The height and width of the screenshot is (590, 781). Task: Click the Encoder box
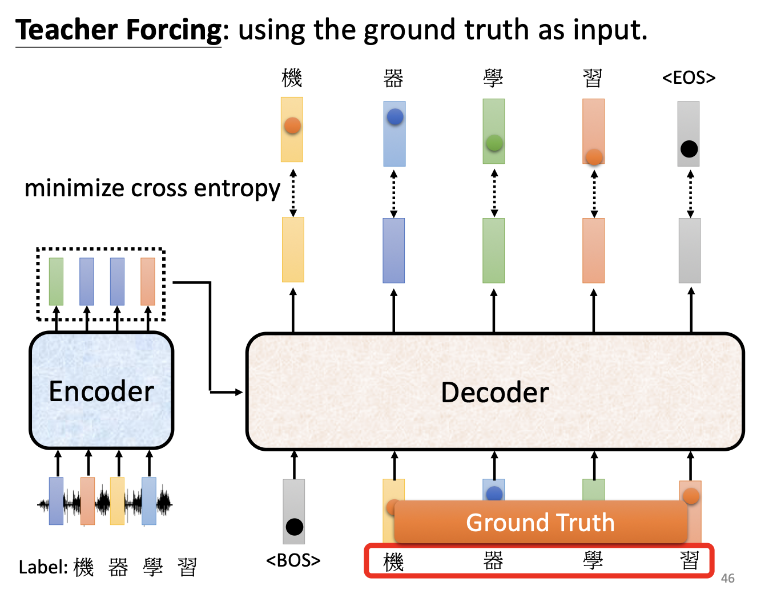[102, 390]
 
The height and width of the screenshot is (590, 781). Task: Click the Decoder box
[495, 391]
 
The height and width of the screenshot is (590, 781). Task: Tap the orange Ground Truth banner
[541, 522]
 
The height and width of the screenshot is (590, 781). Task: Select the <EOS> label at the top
[689, 78]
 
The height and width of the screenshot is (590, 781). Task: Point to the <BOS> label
[293, 560]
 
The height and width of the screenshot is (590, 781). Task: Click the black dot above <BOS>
[294, 527]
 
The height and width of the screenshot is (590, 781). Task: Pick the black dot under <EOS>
[689, 149]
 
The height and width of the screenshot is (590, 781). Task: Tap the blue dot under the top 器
[395, 116]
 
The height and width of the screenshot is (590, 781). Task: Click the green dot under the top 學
[494, 143]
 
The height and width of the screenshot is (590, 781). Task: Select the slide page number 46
[728, 578]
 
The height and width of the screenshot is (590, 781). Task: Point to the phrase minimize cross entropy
[152, 188]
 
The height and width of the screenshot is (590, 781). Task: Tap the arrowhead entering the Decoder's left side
[239, 392]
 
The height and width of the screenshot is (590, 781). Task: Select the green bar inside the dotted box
[56, 281]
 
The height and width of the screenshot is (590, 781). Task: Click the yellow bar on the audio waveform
[117, 501]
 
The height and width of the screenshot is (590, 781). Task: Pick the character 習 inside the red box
[690, 561]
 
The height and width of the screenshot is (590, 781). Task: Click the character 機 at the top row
[292, 78]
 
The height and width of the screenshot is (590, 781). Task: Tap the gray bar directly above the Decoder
[690, 250]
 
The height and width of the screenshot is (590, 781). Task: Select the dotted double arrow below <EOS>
[690, 194]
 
